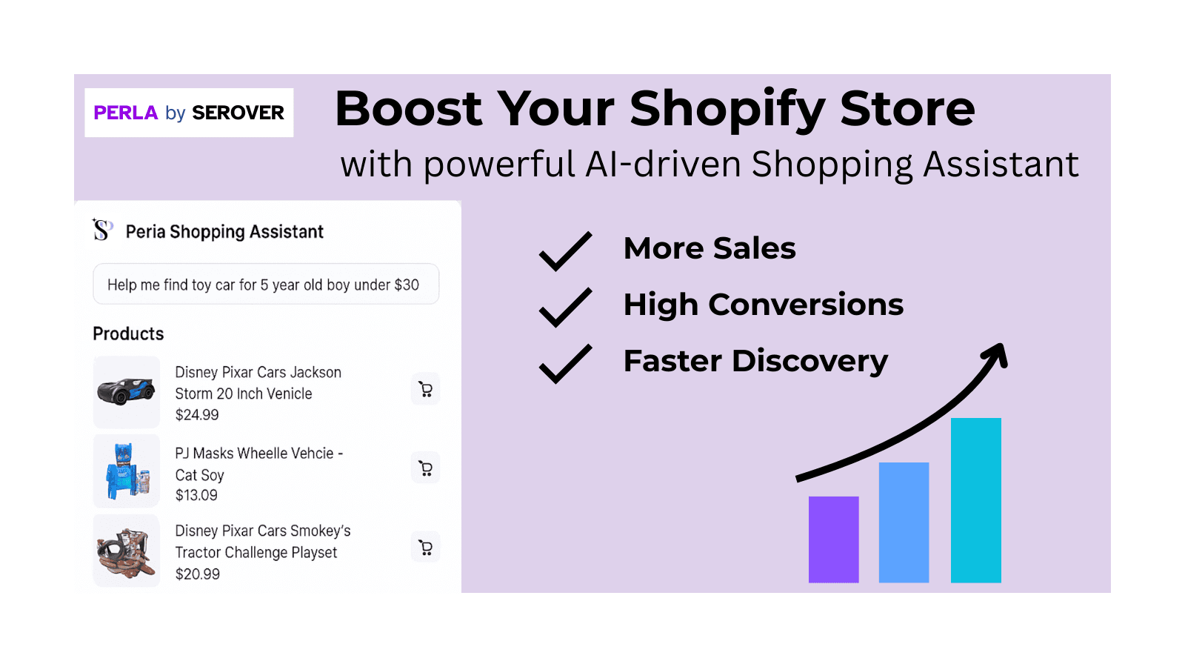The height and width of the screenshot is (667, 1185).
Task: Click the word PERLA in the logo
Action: [125, 113]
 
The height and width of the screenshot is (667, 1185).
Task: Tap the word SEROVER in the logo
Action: [238, 113]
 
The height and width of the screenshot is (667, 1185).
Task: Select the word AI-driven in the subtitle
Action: [663, 165]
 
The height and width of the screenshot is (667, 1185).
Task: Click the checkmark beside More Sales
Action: [565, 250]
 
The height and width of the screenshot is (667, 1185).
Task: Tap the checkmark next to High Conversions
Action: [565, 307]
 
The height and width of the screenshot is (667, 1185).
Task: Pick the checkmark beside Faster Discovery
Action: [565, 363]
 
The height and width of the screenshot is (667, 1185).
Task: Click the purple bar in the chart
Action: [833, 539]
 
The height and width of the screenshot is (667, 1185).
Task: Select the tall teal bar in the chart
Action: [975, 500]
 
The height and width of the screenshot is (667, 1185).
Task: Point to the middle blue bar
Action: [904, 522]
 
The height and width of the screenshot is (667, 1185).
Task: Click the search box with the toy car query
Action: [266, 285]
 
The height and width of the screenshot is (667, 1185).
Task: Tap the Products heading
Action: [128, 333]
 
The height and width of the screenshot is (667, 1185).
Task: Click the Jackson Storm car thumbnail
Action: [127, 391]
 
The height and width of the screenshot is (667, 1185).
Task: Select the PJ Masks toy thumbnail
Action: [127, 471]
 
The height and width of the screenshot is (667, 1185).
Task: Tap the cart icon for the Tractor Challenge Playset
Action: [425, 548]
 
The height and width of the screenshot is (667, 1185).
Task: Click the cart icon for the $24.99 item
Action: [425, 389]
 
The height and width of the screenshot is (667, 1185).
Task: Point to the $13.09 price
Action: [196, 495]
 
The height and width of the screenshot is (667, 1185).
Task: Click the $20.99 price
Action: [198, 574]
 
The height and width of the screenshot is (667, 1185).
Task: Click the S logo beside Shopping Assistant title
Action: [102, 230]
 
